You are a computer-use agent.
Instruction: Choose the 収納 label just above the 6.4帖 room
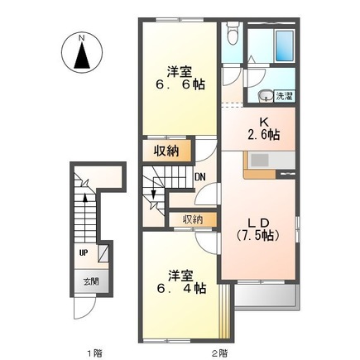coord(193,219)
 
